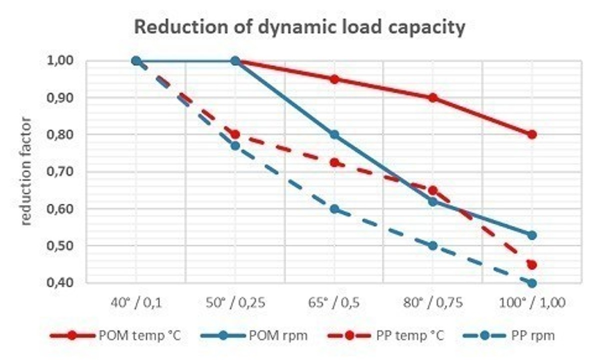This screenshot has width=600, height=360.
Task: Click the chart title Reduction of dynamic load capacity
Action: tap(299, 28)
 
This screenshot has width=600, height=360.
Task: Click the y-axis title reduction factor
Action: tap(26, 171)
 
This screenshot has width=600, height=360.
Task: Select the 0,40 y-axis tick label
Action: tap(60, 283)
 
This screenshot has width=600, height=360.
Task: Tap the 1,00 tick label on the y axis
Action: tap(60, 61)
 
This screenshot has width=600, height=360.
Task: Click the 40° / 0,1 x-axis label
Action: tap(136, 303)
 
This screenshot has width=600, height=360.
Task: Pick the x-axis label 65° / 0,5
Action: tap(334, 303)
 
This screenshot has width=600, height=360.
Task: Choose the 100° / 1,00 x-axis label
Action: tap(532, 303)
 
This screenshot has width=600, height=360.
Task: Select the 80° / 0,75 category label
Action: tap(433, 303)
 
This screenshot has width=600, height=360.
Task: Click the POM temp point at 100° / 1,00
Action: tap(532, 134)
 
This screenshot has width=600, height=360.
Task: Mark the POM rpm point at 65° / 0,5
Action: tap(334, 134)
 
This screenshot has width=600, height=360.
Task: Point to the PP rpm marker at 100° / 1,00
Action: tap(532, 283)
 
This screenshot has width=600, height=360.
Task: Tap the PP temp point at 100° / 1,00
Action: tap(532, 264)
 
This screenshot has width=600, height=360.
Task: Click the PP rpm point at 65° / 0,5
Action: tap(334, 209)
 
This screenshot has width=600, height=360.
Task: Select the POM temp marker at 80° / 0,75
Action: tap(433, 98)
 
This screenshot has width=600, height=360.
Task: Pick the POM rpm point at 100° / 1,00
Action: tap(532, 235)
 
